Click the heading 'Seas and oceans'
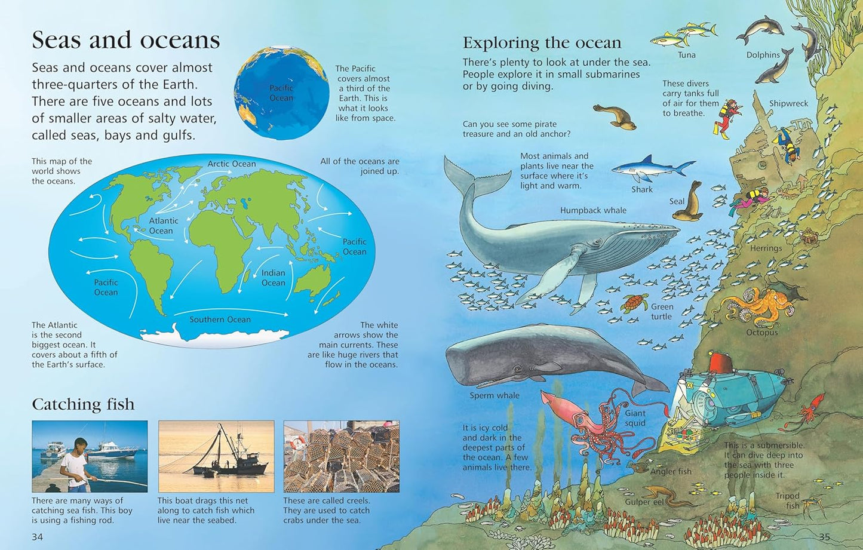click(125, 40)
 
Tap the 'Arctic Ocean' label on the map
click(232, 164)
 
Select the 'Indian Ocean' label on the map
click(273, 278)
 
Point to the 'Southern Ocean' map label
click(220, 319)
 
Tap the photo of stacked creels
click(341, 456)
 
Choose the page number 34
click(37, 537)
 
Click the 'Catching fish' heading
click(83, 404)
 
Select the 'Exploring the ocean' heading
click(542, 43)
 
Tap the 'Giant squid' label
click(635, 418)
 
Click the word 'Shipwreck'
click(788, 103)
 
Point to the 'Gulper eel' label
click(644, 502)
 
